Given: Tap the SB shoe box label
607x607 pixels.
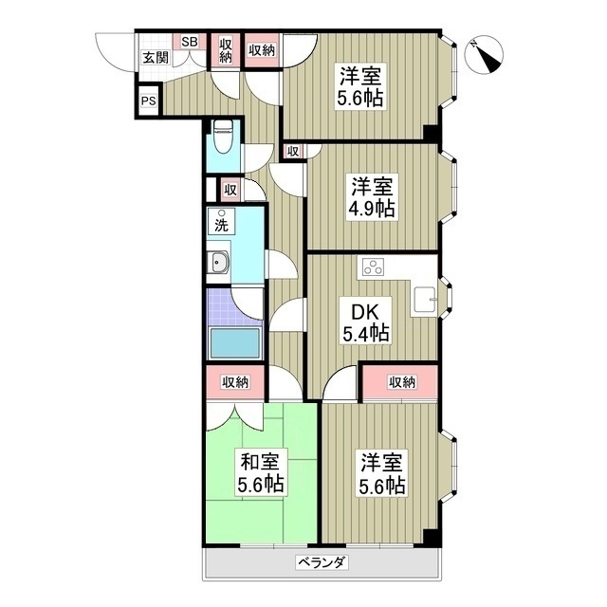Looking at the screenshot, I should coord(189,42).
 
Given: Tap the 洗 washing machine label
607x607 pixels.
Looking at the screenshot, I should coord(222,225).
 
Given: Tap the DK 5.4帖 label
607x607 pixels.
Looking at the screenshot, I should coord(364,322).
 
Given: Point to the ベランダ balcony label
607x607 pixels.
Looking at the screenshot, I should coord(321,562).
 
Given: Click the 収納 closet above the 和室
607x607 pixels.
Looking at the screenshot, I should coord(235,382).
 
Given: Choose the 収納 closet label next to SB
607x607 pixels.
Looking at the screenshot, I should coord(226,50).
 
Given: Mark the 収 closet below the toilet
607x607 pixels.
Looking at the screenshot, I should coord(230,189).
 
